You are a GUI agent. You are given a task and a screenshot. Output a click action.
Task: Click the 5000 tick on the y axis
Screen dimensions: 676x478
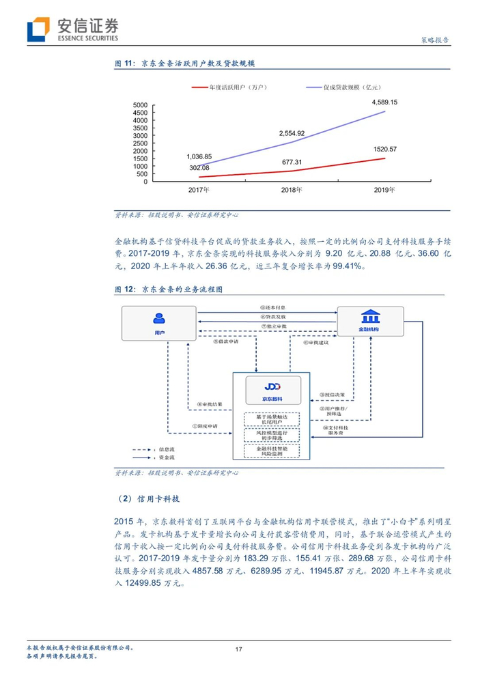[139, 105]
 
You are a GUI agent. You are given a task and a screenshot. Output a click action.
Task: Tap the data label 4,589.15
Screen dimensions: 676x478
[384, 102]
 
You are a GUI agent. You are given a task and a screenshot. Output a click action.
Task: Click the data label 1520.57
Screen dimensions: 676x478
[385, 149]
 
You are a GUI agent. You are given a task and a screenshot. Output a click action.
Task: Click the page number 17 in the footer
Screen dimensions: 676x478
[238, 649]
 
